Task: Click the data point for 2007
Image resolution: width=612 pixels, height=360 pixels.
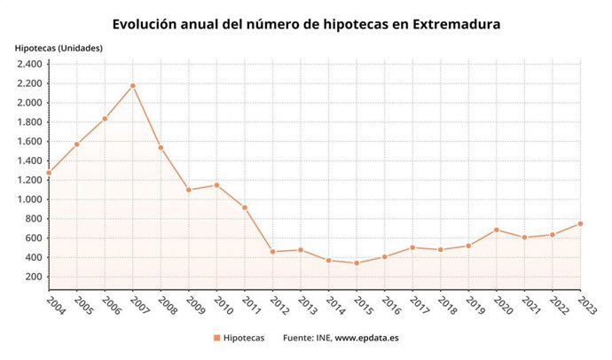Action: [x=132, y=85]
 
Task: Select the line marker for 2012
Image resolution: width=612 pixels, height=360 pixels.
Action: [x=272, y=252]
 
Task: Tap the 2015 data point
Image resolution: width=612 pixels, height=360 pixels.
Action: [x=357, y=262]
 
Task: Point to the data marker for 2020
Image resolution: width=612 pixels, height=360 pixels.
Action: [x=497, y=230]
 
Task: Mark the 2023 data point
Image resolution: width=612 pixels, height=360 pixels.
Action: [x=580, y=223]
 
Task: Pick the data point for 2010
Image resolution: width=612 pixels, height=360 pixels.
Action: [x=216, y=184]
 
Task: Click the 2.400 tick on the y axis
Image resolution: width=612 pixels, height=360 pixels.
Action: [x=29, y=64]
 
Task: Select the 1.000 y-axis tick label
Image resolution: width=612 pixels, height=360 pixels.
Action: [x=29, y=200]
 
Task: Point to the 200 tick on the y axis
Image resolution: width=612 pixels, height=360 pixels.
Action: [x=35, y=277]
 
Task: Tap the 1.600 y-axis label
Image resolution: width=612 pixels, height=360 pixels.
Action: [x=29, y=141]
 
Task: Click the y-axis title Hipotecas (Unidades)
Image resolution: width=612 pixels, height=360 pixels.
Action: [x=58, y=47]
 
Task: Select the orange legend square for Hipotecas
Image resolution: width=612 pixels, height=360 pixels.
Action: [x=216, y=338]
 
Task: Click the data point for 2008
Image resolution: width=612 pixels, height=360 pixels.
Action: [x=161, y=147]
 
